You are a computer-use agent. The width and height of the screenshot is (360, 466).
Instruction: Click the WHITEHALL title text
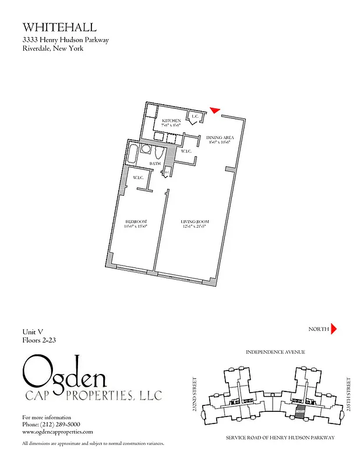coord(59,27)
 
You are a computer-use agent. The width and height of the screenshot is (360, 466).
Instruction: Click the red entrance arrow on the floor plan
coord(215,110)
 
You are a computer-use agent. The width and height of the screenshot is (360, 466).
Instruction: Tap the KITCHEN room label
coord(171,121)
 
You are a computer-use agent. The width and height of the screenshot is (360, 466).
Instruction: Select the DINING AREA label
coord(220,138)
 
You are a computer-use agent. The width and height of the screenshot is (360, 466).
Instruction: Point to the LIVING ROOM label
coord(195,223)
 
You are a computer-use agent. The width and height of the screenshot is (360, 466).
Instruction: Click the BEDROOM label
coord(136,223)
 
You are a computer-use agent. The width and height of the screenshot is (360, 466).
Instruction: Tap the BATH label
coord(155,164)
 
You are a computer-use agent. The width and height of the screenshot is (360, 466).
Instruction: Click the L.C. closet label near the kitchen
coord(196,116)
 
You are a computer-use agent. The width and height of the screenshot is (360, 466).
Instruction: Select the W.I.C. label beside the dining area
coord(186,151)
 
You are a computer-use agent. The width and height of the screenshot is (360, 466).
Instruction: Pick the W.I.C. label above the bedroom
coord(139,178)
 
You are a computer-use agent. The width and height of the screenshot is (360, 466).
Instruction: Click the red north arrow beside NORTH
coord(334,329)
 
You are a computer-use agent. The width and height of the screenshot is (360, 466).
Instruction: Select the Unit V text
coord(33,331)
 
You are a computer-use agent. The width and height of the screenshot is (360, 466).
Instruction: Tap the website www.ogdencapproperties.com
coord(58,432)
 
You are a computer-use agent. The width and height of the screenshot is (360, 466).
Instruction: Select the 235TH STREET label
coord(348,394)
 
